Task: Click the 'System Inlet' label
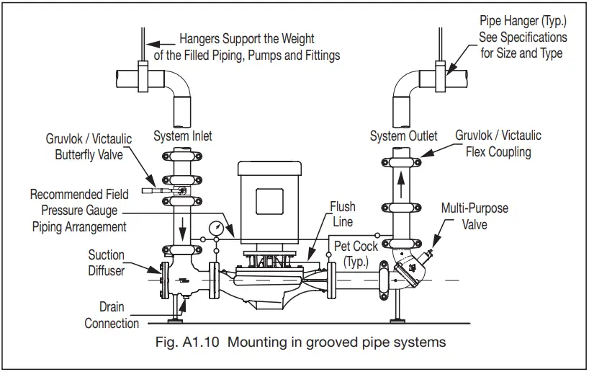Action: (x=183, y=136)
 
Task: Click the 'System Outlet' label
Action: (x=404, y=136)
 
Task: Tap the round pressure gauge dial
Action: (x=215, y=227)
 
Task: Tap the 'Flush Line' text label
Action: (x=342, y=214)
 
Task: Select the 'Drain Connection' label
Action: (x=112, y=315)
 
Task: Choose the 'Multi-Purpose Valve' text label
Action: (x=475, y=216)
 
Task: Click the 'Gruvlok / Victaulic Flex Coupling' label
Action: (x=498, y=143)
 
